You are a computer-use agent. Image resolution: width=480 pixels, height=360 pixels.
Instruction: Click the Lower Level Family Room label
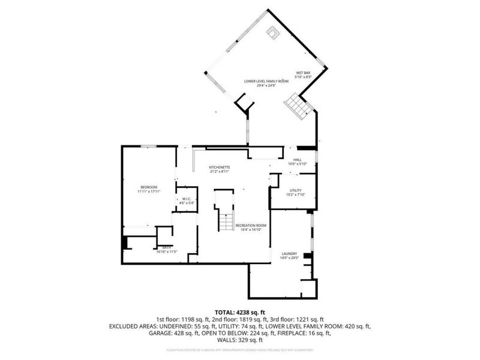(x=266, y=80)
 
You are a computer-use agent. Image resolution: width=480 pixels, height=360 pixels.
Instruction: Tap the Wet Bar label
(x=302, y=73)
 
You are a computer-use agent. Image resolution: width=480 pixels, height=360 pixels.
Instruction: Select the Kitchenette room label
(x=220, y=167)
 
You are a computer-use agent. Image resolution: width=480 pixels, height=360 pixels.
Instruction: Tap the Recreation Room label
(x=251, y=225)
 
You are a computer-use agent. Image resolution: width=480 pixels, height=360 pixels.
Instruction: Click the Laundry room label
(x=289, y=254)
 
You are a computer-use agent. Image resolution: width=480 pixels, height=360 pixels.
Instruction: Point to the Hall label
(x=297, y=160)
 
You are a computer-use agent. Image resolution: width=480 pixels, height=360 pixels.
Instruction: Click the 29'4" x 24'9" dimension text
(x=266, y=85)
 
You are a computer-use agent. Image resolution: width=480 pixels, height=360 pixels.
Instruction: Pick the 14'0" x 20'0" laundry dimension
(x=289, y=259)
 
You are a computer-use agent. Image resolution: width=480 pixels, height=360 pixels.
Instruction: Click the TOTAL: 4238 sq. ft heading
(x=239, y=312)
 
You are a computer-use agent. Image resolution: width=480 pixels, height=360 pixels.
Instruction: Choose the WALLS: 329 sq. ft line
(x=239, y=340)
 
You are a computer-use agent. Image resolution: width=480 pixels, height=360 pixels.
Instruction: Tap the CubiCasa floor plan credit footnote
(x=239, y=350)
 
